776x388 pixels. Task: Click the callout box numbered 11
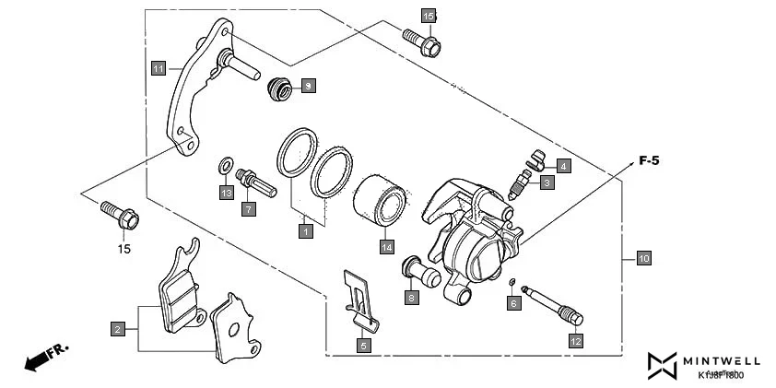(159, 68)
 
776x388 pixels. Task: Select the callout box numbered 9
(309, 86)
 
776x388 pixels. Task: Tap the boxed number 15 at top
(428, 17)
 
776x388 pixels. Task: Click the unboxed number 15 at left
(123, 249)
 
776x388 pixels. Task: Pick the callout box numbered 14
(387, 247)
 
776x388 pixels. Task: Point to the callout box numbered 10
(643, 259)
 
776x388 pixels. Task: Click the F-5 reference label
(649, 161)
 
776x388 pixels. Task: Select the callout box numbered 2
(117, 328)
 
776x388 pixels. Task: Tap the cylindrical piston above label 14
(380, 203)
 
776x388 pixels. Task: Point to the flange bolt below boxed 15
(422, 42)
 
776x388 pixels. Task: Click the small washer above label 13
(224, 167)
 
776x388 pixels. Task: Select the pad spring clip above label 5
(358, 298)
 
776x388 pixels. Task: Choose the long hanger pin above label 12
(553, 305)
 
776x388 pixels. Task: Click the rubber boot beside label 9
(278, 89)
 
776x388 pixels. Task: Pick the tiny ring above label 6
(511, 281)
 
